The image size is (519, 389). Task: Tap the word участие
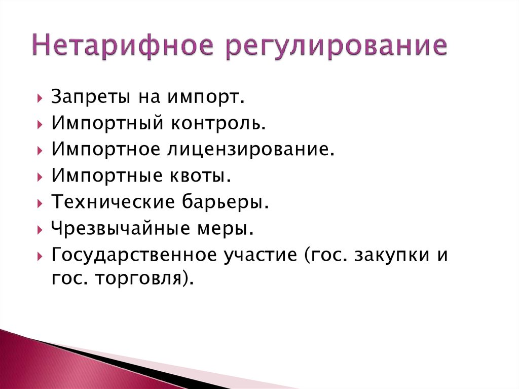(x=257, y=255)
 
